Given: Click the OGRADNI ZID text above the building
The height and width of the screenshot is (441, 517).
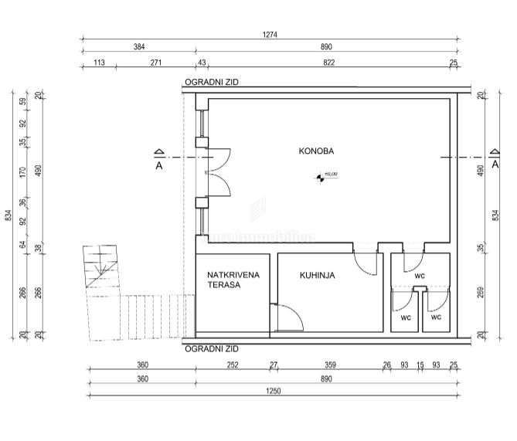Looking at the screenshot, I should (x=211, y=82).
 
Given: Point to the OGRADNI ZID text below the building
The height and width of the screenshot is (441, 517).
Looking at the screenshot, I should (x=211, y=348).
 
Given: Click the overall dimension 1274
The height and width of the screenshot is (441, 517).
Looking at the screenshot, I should (x=270, y=35).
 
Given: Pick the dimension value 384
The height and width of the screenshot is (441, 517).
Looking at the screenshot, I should (x=139, y=47).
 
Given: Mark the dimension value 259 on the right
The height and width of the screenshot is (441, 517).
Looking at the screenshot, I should (x=481, y=293).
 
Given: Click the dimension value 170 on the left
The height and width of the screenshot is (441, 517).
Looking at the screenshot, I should (x=23, y=171).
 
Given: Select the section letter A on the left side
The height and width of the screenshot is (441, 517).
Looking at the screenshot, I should (x=158, y=165).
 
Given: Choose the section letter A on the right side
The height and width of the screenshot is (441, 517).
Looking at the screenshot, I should (x=495, y=165).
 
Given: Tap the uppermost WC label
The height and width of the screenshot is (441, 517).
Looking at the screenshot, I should (x=419, y=276).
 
